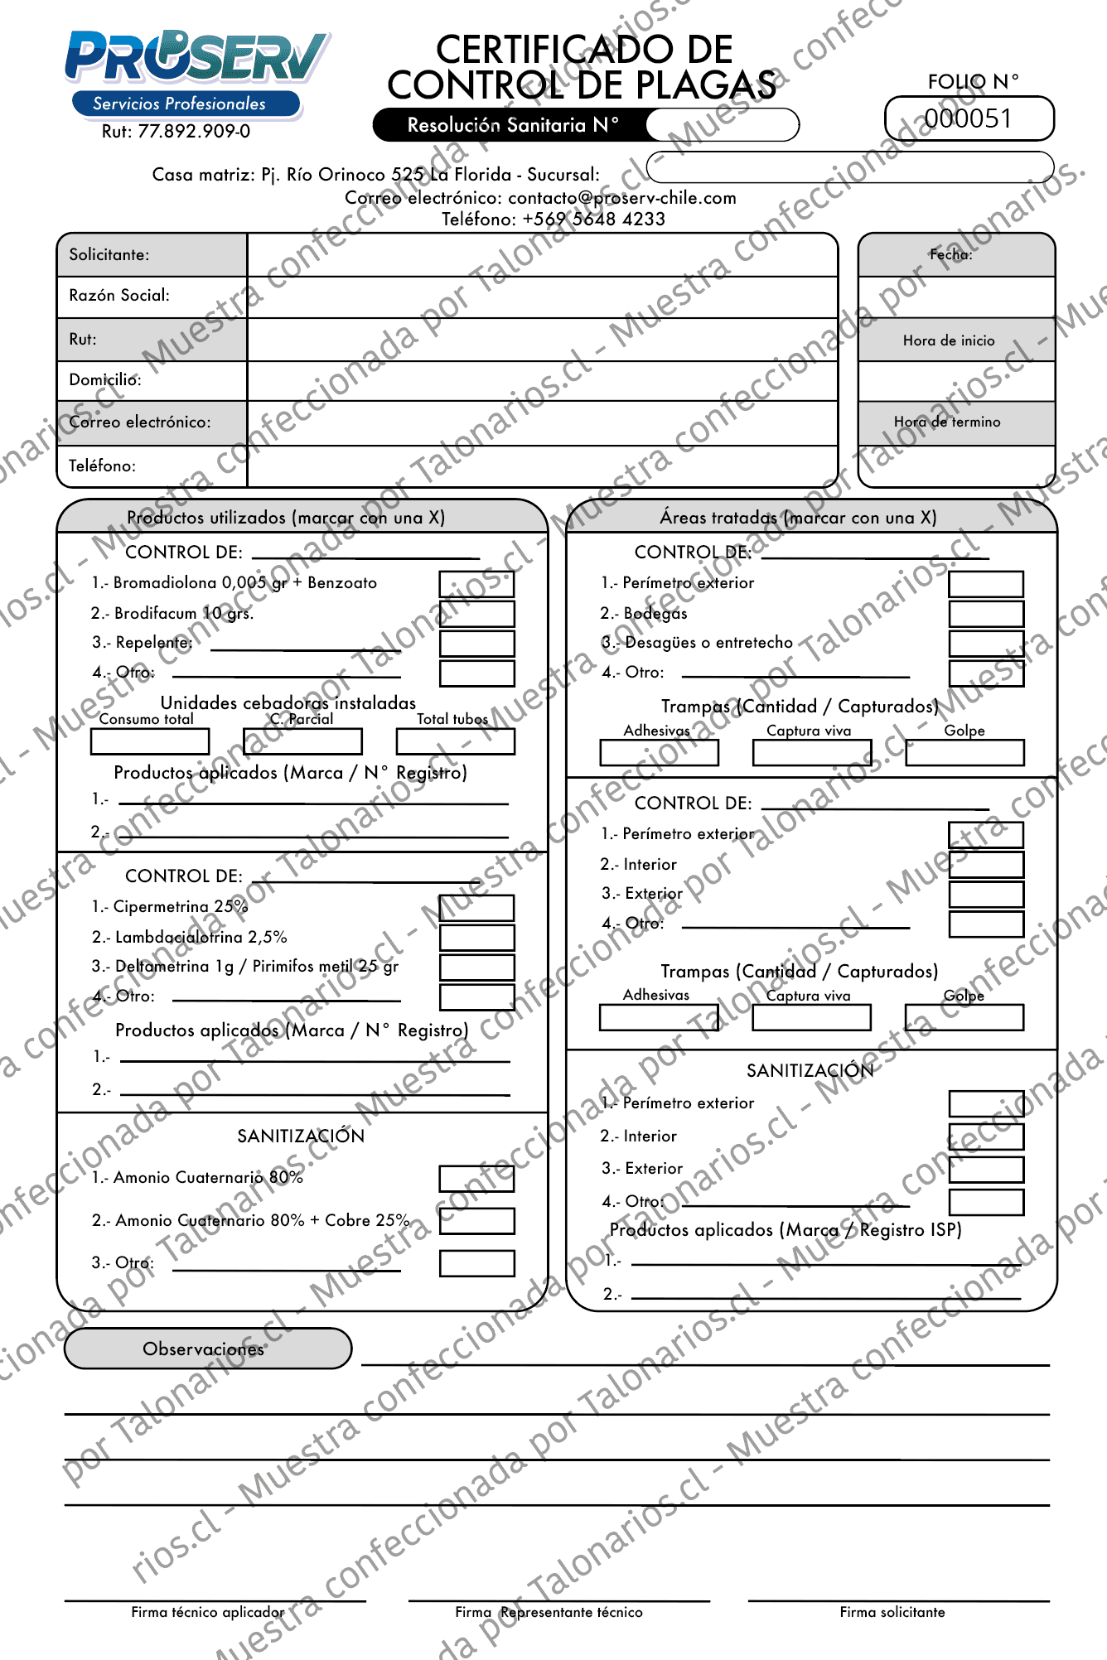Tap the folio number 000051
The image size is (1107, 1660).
coord(969,119)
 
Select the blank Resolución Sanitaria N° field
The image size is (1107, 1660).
coord(722,125)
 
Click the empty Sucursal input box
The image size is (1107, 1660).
coord(849,166)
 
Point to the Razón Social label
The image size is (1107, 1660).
coord(119,296)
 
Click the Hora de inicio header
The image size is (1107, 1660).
coord(949,340)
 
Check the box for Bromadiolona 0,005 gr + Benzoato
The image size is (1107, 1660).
coord(476,584)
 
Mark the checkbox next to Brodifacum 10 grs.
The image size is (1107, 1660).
coord(476,614)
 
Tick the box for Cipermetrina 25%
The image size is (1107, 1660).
coord(476,908)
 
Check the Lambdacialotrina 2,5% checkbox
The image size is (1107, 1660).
coord(476,938)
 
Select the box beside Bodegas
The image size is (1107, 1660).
coord(986,614)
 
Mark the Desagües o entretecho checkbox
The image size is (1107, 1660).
coord(986,644)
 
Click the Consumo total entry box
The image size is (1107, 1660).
coord(150,741)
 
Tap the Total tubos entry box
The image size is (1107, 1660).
coord(456,741)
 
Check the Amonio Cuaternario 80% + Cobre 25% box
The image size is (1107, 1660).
coord(476,1221)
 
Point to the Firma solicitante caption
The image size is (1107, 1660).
coord(892,1612)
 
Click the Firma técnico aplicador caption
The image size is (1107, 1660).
coord(207,1612)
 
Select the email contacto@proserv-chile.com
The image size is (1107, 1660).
coord(622,198)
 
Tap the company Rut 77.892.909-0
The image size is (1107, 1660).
coord(176,132)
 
